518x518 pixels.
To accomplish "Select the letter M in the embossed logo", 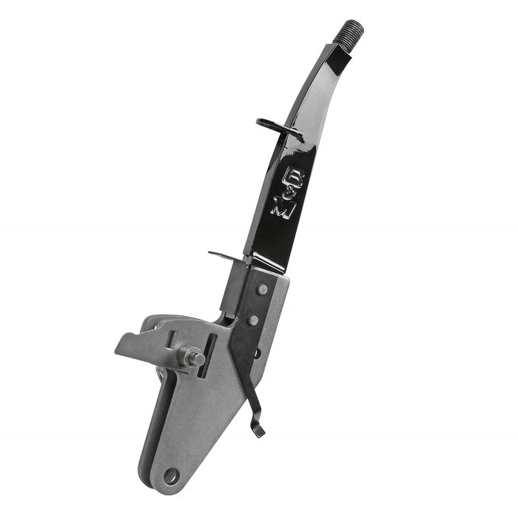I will pos(283,208).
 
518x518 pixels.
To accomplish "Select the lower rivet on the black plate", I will pos(254,320).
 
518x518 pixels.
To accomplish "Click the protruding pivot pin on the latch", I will pos(194,357).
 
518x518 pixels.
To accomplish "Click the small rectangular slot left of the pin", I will pos(172,340).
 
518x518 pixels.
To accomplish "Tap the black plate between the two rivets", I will pos(259,305).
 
